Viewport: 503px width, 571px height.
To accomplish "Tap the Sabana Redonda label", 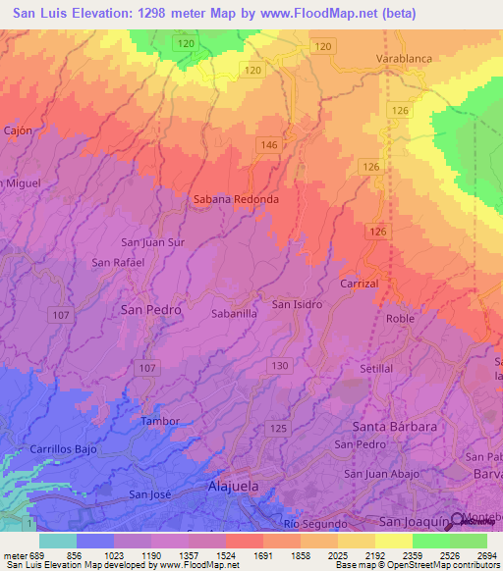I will tap(236, 198).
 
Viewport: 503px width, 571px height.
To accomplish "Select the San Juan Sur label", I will tap(152, 241).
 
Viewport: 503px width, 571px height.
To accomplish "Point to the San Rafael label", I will tap(118, 262).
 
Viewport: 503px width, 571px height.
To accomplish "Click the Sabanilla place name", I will tap(235, 314).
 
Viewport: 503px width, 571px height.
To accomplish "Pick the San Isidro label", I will tap(298, 304).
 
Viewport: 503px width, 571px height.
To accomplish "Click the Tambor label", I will tap(161, 421).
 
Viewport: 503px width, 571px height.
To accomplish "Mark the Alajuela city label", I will tap(233, 487).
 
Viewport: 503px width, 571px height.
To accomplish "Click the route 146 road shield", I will tap(268, 144).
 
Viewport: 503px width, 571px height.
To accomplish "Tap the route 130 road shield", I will tap(281, 366).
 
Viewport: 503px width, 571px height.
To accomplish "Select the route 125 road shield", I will tap(278, 429).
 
